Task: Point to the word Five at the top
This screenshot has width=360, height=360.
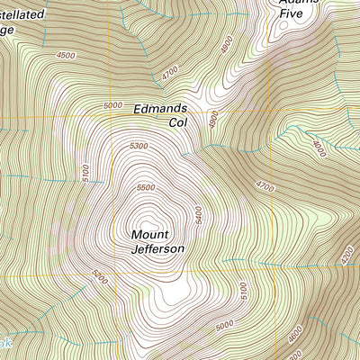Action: (290, 13)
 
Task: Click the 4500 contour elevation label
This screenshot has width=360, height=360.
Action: (66, 55)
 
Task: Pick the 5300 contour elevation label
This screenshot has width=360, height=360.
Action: (138, 145)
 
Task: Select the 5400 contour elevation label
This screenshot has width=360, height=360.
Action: (198, 216)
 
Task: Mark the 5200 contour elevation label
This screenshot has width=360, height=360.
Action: (98, 280)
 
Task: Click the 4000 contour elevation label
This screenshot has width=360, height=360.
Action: (319, 148)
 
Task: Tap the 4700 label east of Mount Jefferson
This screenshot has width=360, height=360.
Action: (264, 187)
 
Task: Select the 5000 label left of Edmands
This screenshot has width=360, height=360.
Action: (112, 106)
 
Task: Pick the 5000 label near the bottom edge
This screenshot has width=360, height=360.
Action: (224, 323)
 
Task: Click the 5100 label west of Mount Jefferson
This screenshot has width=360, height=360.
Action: (85, 171)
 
